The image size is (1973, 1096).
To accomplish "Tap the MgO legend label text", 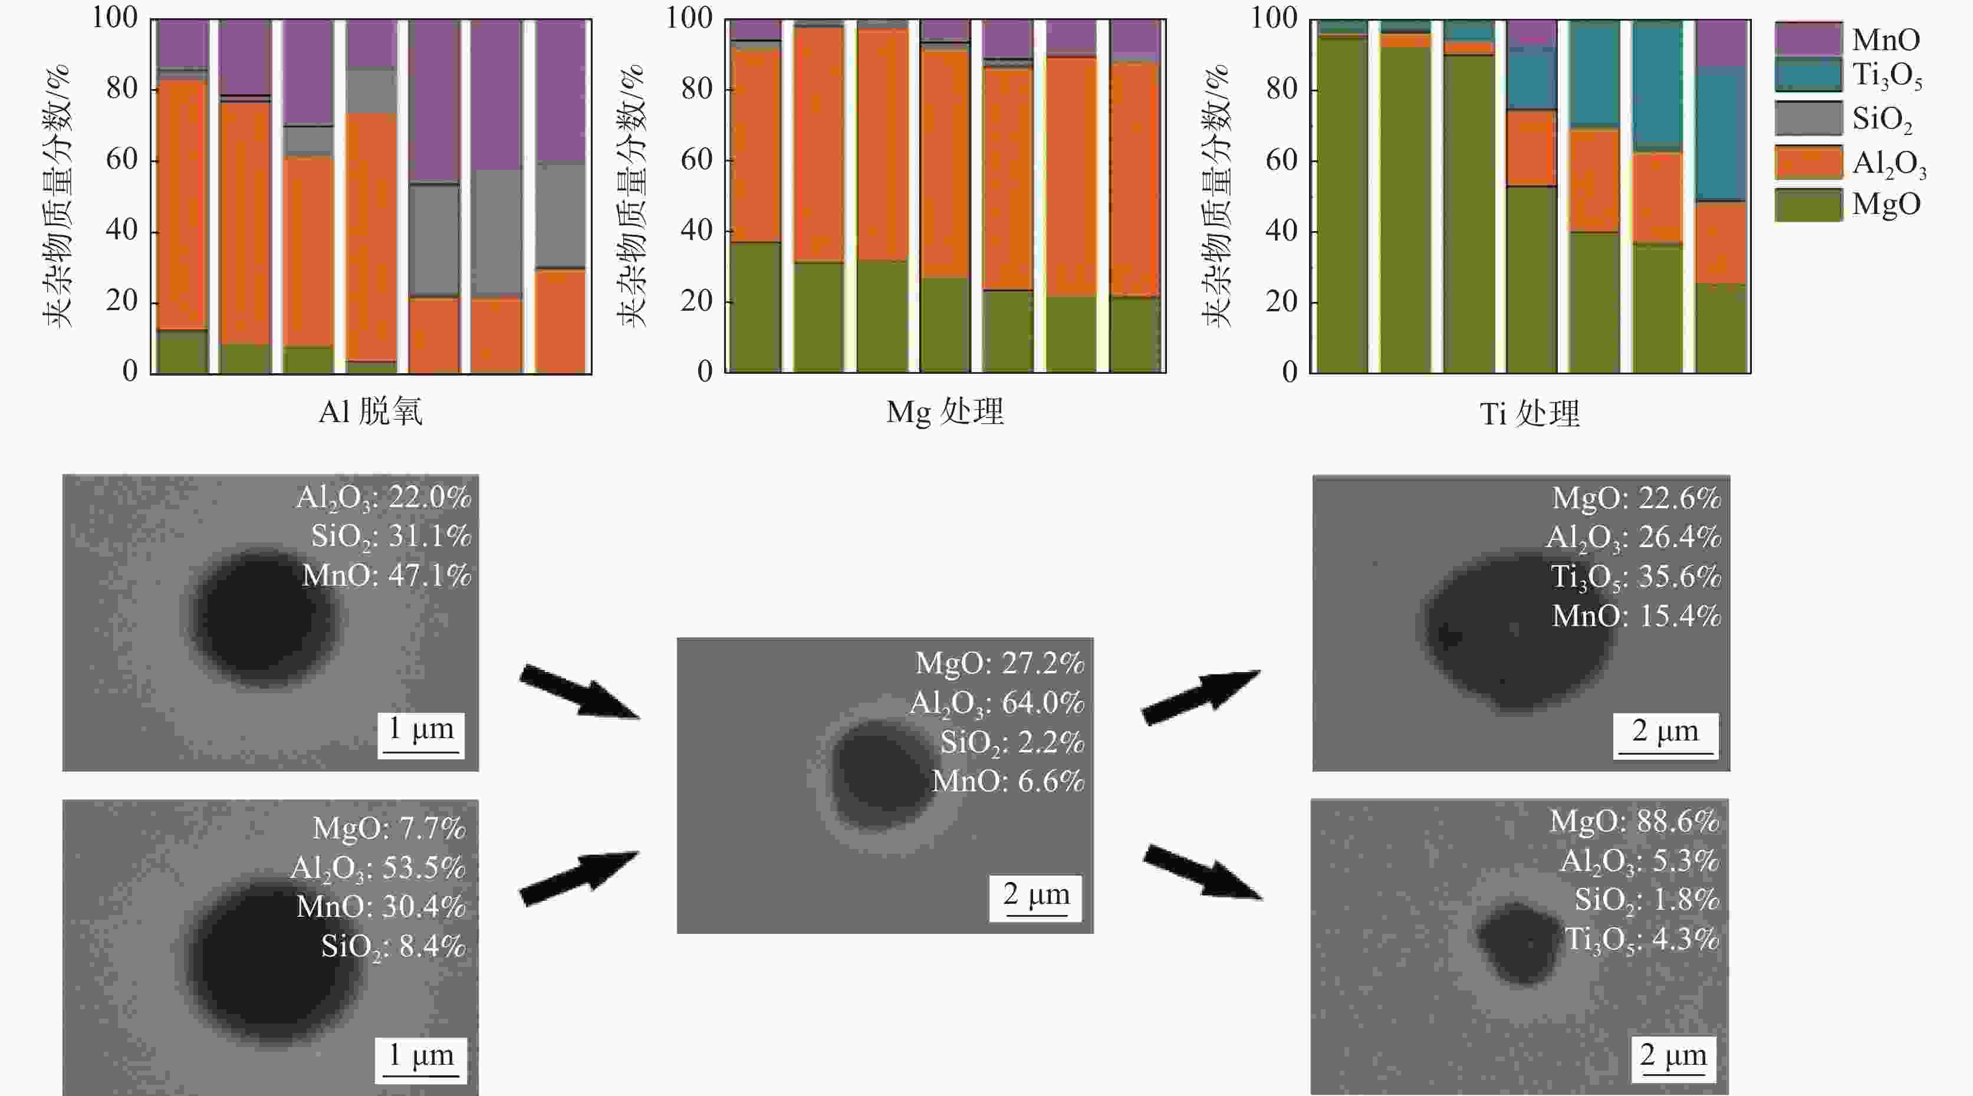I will [1886, 205].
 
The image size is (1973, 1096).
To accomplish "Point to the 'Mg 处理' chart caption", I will [945, 413].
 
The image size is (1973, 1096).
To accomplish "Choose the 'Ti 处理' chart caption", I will [1530, 414].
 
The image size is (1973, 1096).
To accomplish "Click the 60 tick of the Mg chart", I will [696, 160].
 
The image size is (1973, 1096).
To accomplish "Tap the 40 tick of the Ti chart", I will [1281, 231].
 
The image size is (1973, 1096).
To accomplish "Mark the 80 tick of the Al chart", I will [122, 89].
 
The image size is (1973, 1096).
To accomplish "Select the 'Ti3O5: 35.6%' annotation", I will [1636, 577].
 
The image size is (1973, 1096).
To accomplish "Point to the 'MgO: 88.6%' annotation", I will [1635, 822].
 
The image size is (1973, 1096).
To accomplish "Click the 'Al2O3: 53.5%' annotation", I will [379, 868].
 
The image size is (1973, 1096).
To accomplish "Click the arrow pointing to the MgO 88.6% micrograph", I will [1202, 873].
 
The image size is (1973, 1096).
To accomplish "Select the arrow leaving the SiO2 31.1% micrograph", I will [579, 692].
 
